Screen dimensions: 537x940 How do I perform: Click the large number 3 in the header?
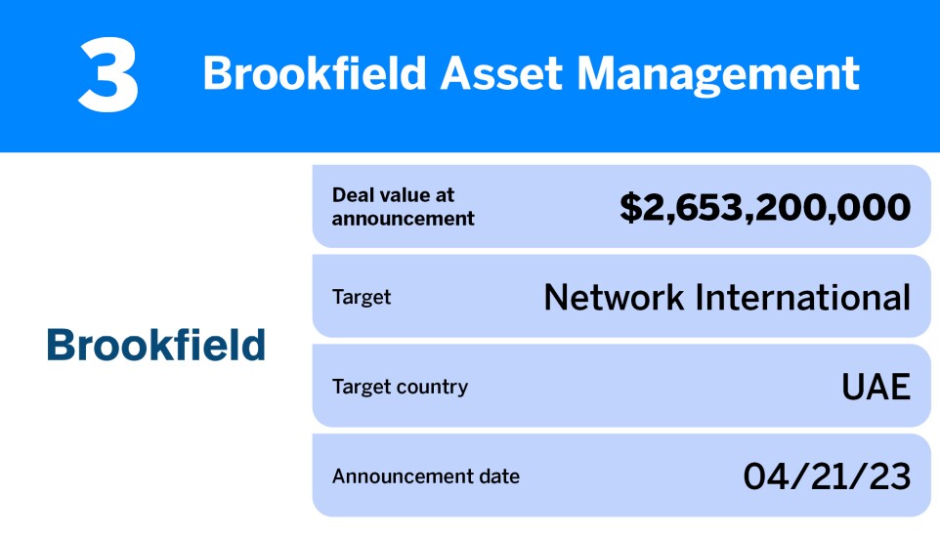click(107, 76)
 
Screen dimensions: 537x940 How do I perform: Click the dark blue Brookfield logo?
click(156, 345)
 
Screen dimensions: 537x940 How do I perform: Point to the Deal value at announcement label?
click(403, 207)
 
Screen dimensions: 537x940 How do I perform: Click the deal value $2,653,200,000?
click(765, 207)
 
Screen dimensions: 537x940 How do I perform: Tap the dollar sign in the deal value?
click(630, 207)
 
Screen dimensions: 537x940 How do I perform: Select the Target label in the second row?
click(363, 297)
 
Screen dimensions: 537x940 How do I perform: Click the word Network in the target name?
click(614, 297)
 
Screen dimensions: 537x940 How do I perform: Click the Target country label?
click(400, 387)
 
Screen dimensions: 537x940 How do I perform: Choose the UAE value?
click(876, 388)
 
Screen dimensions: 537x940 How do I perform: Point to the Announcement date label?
click(426, 476)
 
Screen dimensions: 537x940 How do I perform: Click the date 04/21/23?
click(827, 476)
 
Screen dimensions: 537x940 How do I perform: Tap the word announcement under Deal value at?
click(403, 219)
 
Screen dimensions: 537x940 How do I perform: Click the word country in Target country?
click(434, 387)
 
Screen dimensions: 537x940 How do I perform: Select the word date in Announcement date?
click(499, 476)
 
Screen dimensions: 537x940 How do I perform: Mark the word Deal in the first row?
click(351, 195)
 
